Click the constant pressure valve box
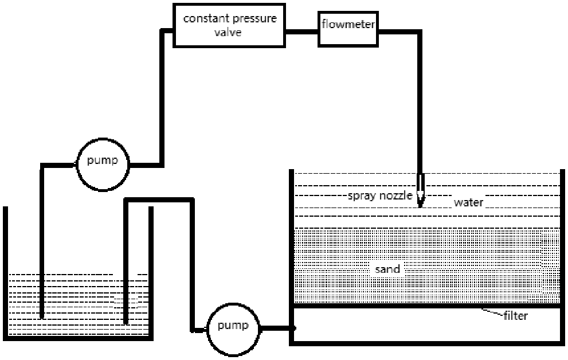pyautogui.click(x=229, y=25)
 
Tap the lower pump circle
pyautogui.click(x=233, y=327)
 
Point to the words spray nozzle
pyautogui.click(x=380, y=196)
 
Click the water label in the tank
pyautogui.click(x=469, y=202)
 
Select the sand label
pyautogui.click(x=387, y=269)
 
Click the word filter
pyautogui.click(x=516, y=315)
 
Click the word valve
pyautogui.click(x=229, y=32)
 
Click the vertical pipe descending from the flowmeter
pyautogui.click(x=421, y=103)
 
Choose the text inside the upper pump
pyautogui.click(x=103, y=161)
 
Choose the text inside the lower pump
pyautogui.click(x=233, y=327)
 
